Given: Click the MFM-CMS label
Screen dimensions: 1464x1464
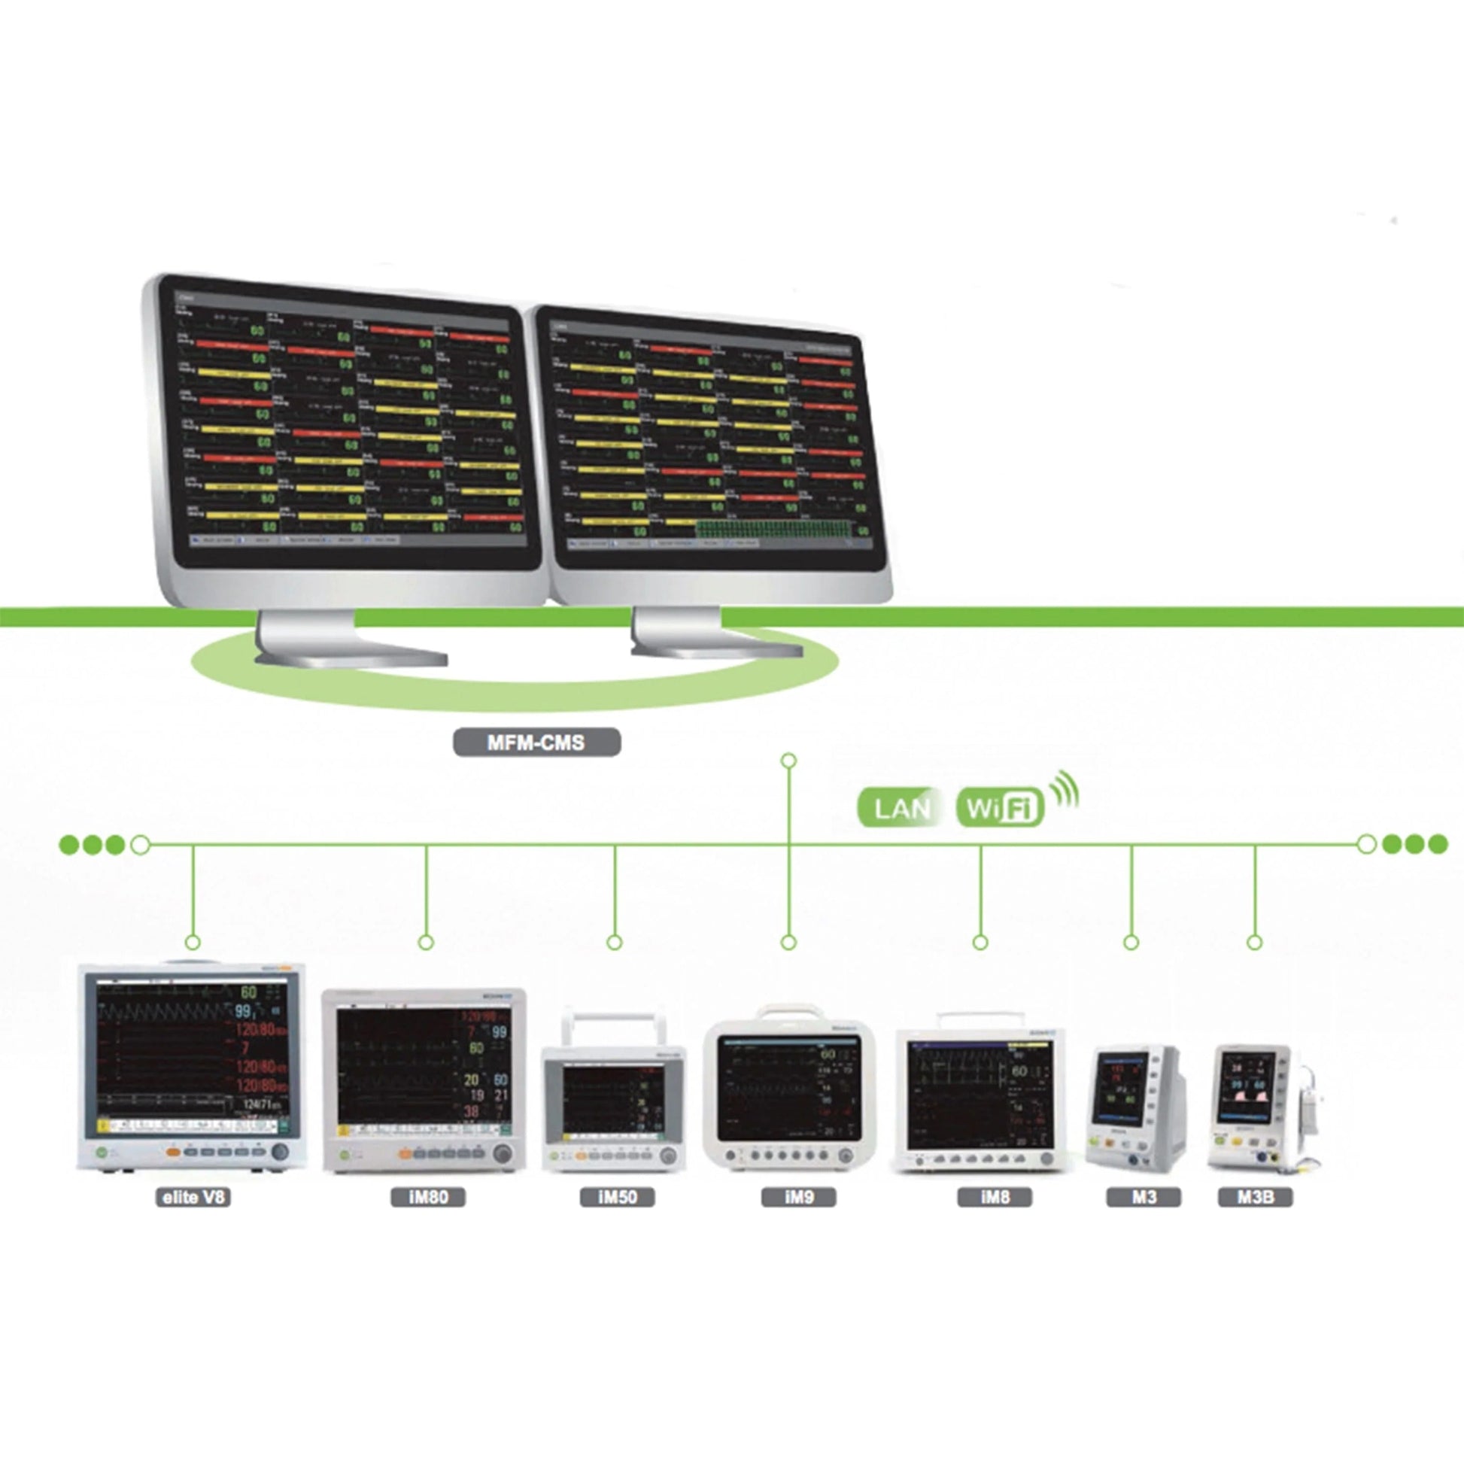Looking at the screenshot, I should pos(536,743).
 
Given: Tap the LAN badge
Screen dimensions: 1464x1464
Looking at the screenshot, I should pos(901,809).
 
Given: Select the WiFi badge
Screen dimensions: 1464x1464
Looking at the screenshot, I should pos(1001,809).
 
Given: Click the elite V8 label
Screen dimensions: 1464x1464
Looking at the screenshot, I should pos(193,1197).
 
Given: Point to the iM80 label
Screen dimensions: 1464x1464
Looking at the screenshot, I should pos(428,1197).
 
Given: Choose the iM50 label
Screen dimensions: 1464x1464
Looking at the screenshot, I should pos(617,1197).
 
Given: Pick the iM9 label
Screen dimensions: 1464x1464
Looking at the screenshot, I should pos(799,1197).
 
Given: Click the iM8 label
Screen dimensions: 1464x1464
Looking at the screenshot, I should pos(995,1197).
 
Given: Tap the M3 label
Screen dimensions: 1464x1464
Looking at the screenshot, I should pos(1144,1197).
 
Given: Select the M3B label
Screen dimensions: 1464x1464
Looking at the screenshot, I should pos(1255,1197).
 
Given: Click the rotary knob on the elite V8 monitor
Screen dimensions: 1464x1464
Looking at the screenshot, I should pos(280,1152).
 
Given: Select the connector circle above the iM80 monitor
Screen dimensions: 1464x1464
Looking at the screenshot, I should pos(426,943).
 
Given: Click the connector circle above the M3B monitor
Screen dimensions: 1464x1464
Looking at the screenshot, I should pos(1255,943).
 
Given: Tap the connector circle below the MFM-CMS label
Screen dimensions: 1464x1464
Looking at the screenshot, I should pos(788,760).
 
